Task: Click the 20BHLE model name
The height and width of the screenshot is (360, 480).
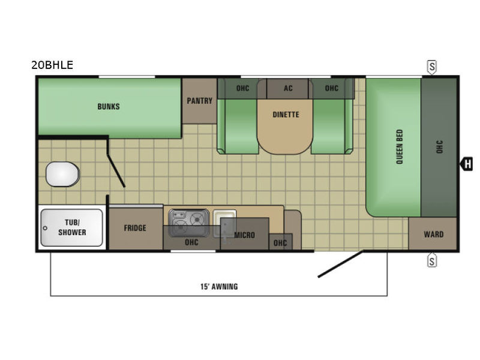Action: click(52, 65)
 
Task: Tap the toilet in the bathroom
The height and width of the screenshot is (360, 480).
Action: click(63, 174)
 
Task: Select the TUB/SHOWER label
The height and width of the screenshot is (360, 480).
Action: click(72, 227)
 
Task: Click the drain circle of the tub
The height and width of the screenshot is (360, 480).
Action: click(46, 228)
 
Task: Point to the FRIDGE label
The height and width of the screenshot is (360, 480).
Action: click(135, 228)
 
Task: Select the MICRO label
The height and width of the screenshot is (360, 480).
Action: click(245, 235)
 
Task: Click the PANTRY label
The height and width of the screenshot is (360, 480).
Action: click(200, 101)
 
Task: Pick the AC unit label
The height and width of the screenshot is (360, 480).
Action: click(288, 88)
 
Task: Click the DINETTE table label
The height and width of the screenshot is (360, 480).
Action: click(286, 115)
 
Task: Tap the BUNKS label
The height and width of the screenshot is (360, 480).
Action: click(109, 107)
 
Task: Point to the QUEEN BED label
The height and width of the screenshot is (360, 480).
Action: click(400, 146)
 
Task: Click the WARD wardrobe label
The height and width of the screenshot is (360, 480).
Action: click(434, 235)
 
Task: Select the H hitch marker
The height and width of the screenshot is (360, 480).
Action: click(467, 164)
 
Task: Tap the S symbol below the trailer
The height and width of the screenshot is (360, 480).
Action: click(431, 260)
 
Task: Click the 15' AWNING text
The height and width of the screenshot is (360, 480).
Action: click(219, 287)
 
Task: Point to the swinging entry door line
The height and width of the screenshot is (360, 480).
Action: click(341, 264)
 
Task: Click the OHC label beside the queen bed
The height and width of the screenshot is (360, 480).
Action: click(439, 147)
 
